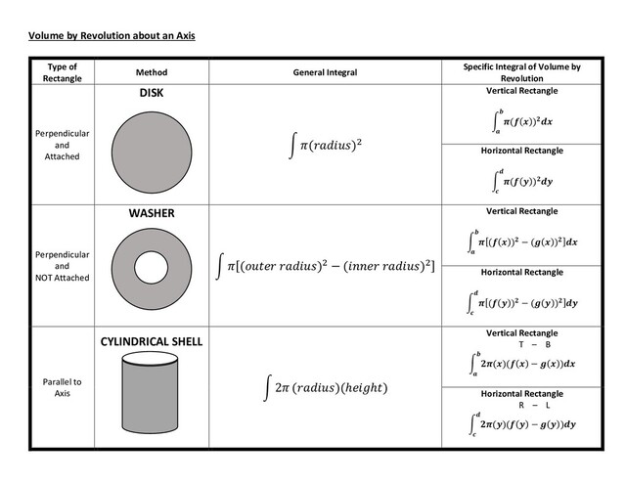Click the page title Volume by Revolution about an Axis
point(112,37)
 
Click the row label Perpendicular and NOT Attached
point(61,265)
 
